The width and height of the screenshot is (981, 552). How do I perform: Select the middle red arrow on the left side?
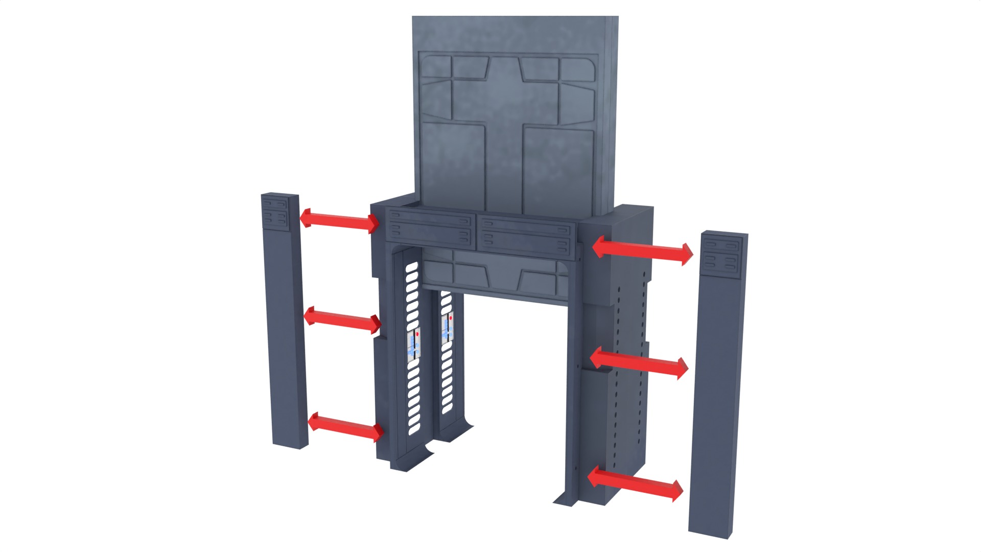(x=342, y=320)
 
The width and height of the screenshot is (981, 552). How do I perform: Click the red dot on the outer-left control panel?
(x=417, y=334)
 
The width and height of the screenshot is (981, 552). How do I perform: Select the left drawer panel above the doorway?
(x=430, y=228)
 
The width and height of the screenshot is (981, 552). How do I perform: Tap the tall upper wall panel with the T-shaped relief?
(x=511, y=118)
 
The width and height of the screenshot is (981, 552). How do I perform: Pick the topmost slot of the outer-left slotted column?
(x=411, y=267)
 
